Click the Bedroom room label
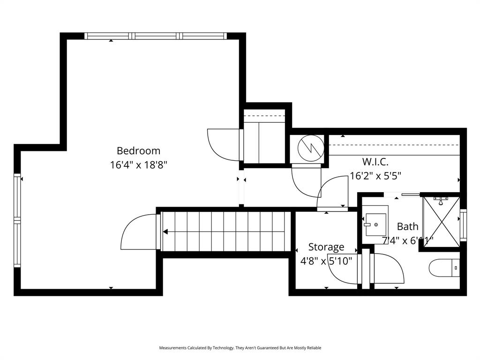pyautogui.click(x=138, y=151)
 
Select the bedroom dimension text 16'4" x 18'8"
pyautogui.click(x=138, y=165)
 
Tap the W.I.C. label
pyautogui.click(x=375, y=162)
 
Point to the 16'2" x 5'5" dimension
pyautogui.click(x=375, y=176)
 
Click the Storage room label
pyautogui.click(x=326, y=247)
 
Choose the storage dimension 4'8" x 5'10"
pyautogui.click(x=326, y=261)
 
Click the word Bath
pyautogui.click(x=407, y=226)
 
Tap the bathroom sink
pyautogui.click(x=376, y=225)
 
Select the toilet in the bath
pyautogui.click(x=444, y=268)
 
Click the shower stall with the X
pyautogui.click(x=441, y=222)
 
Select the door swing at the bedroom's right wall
pyautogui.click(x=223, y=145)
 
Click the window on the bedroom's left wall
pyautogui.click(x=17, y=220)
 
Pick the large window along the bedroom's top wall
pyautogui.click(x=156, y=36)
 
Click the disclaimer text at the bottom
pyautogui.click(x=240, y=348)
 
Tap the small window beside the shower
pyautogui.click(x=464, y=225)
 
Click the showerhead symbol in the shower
pyautogui.click(x=441, y=202)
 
